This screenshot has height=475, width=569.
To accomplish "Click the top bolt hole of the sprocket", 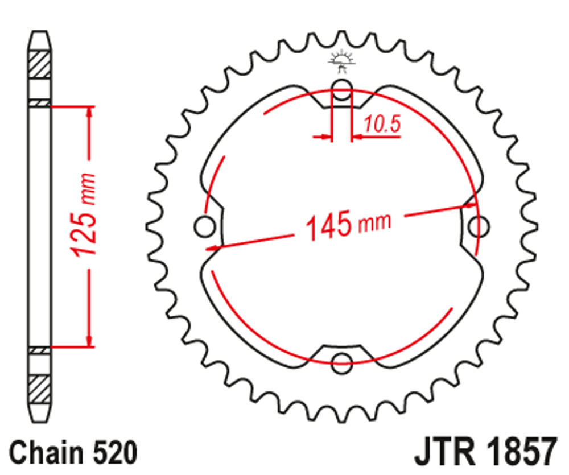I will [341, 89].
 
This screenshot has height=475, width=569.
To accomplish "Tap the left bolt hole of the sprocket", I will [203, 226].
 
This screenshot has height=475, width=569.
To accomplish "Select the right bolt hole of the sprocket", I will [479, 226].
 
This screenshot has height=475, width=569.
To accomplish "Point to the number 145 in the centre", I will [329, 226].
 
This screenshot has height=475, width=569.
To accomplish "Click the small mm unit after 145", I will [374, 222].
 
